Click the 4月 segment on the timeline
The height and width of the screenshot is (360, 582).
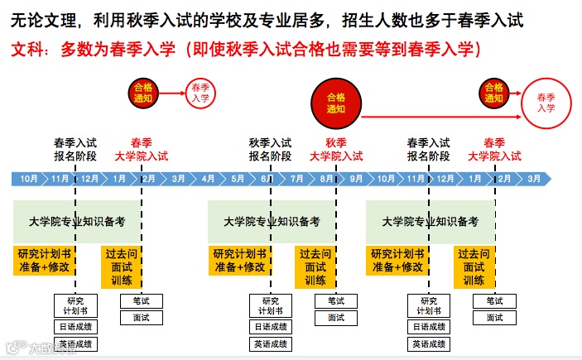(x=208, y=178)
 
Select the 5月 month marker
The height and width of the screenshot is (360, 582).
(x=238, y=178)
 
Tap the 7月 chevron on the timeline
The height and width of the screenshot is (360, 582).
(x=297, y=178)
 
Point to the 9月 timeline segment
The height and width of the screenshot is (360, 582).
(x=356, y=178)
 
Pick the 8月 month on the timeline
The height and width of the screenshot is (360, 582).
(x=327, y=178)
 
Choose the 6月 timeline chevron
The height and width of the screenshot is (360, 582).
(x=267, y=178)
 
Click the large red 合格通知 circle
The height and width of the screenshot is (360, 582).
(x=335, y=103)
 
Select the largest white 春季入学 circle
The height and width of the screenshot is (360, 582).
(x=546, y=103)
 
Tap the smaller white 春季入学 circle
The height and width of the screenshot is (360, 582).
(x=200, y=92)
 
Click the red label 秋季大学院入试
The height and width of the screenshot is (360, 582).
(x=335, y=149)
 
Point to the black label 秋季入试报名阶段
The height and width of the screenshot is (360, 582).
(x=270, y=149)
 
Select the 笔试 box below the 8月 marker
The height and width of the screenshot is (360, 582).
(x=335, y=300)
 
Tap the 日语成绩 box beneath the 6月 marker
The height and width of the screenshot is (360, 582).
(x=272, y=327)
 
